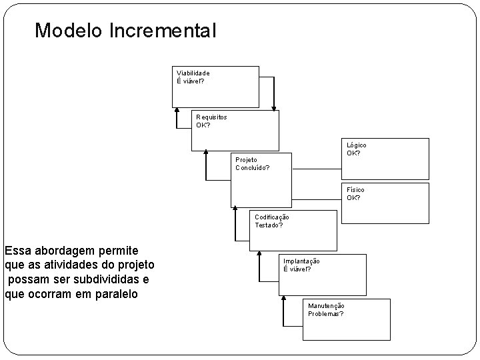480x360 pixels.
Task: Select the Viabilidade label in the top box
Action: coord(192,73)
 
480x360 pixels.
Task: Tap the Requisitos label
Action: coord(211,117)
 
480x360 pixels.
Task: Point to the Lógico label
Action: coord(356,145)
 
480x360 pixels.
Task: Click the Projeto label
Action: coord(246,160)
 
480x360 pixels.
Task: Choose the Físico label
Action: coord(355,190)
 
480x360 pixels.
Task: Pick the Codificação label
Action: coord(271,217)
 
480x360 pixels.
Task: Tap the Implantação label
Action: coord(301,261)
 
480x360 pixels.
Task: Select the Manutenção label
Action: coord(326,305)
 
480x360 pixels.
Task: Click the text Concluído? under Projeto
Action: coord(253,168)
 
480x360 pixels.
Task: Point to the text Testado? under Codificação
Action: coord(269,225)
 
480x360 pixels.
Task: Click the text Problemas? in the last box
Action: coord(326,313)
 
